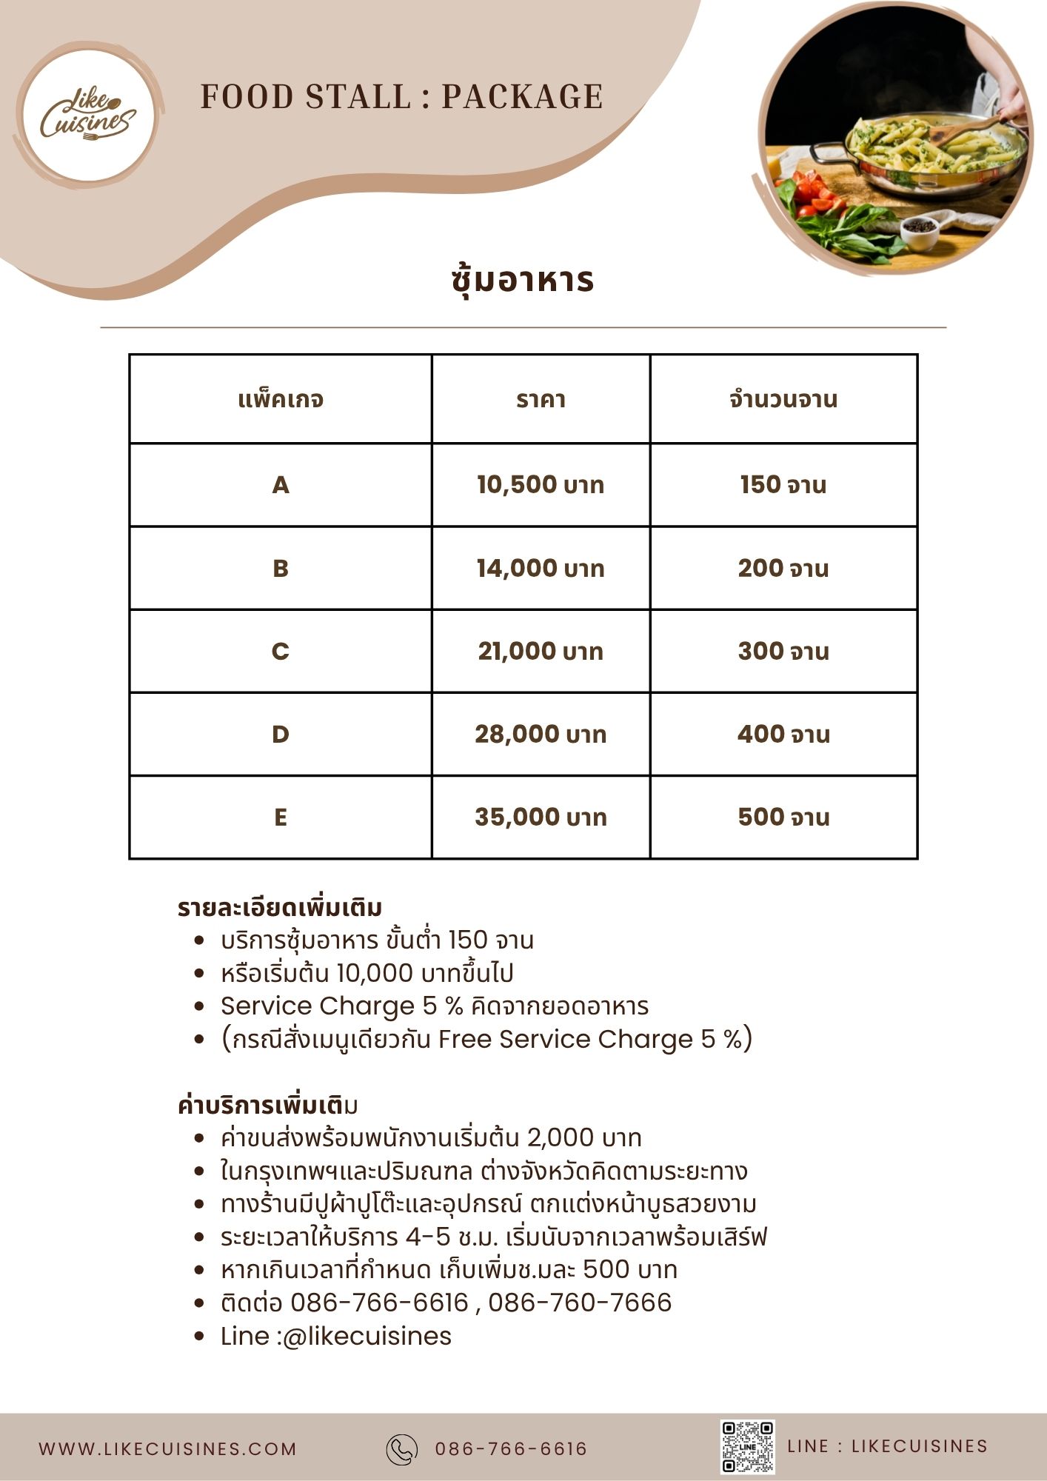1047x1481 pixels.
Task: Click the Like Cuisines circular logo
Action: [88, 113]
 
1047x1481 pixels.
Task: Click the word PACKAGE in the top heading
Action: [522, 97]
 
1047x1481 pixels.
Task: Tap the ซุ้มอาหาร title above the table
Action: [523, 281]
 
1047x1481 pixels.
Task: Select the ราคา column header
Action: [541, 400]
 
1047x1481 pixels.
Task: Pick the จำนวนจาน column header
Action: [783, 400]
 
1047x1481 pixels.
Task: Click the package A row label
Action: [281, 485]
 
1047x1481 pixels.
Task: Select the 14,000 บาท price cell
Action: [541, 569]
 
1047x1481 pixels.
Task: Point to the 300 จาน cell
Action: [783, 652]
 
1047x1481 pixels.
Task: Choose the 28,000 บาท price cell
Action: [541, 735]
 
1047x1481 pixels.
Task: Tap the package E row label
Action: [281, 818]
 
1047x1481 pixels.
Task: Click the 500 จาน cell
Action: [783, 818]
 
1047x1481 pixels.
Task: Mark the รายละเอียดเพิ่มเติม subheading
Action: [280, 908]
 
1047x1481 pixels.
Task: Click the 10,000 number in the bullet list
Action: [375, 973]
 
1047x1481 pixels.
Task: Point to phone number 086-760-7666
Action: [580, 1303]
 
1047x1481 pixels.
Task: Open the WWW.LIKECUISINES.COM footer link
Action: [167, 1449]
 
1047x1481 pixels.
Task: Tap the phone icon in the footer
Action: [402, 1449]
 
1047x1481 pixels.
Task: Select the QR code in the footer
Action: [748, 1447]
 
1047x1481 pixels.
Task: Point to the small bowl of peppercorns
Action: [919, 229]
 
